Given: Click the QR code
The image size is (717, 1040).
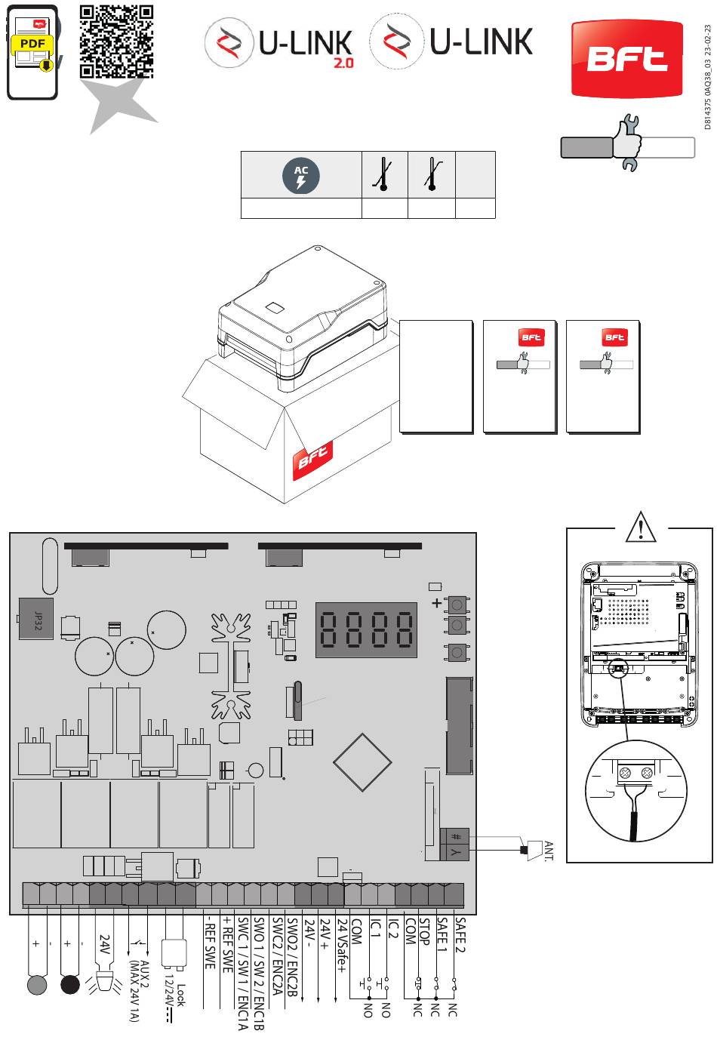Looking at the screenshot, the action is [x=116, y=42].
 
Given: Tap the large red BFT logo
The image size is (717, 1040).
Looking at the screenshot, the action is [x=626, y=59].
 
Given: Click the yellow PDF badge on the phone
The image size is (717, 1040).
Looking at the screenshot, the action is [x=32, y=44].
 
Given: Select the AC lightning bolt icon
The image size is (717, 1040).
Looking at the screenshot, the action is [x=301, y=176].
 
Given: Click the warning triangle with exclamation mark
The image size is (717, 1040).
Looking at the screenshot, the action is [x=641, y=527].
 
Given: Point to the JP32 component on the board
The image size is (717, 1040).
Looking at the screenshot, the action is [x=36, y=619].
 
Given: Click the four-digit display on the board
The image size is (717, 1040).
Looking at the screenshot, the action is [x=366, y=629].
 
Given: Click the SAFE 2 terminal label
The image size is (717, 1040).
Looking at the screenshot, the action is [x=460, y=935].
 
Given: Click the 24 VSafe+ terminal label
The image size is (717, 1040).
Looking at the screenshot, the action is [x=342, y=946].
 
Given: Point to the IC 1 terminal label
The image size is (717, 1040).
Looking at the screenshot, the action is [x=375, y=928].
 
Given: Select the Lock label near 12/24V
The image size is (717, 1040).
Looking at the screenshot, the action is [x=180, y=995].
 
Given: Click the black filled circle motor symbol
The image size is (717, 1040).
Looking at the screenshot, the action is [x=70, y=984].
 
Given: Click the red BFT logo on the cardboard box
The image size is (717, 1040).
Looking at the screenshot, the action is [x=312, y=459].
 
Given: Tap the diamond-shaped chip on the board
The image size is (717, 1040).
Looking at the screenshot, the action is [x=362, y=762].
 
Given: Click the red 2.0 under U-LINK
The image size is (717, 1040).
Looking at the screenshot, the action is [x=343, y=63].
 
